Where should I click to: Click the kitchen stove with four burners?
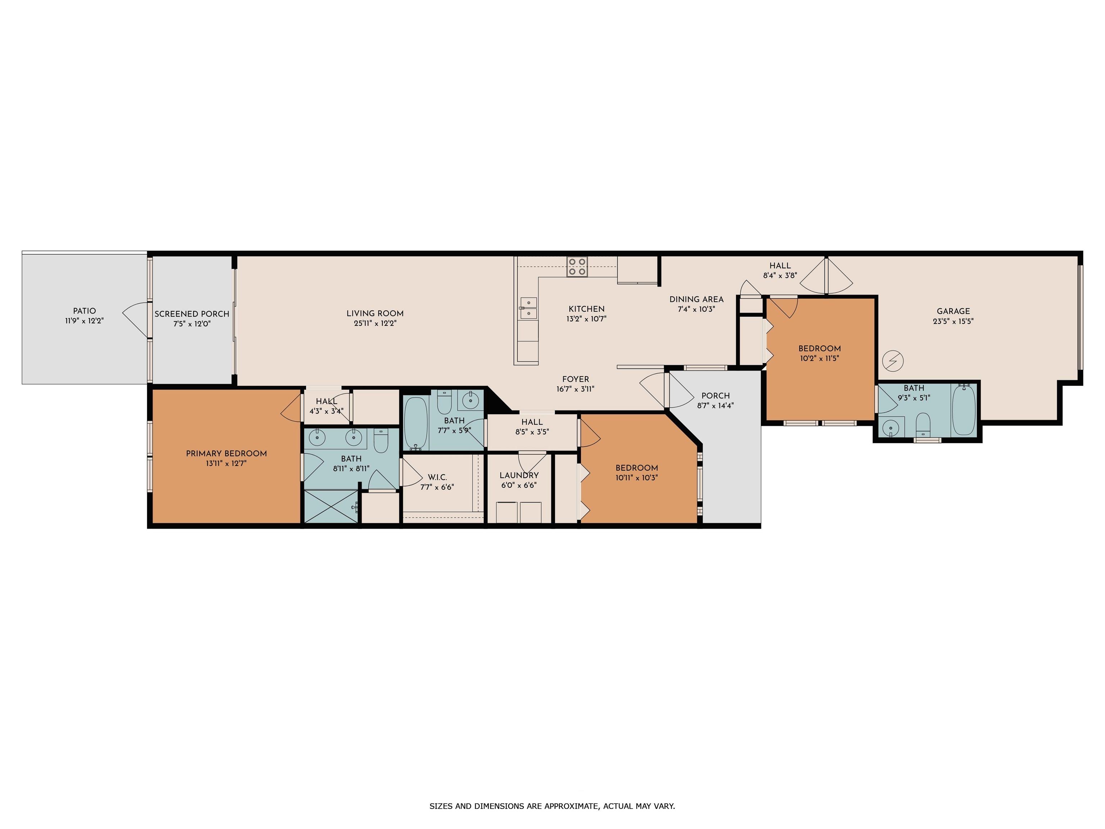point(577,267)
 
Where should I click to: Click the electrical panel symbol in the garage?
point(893,360)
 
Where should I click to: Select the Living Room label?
point(375,313)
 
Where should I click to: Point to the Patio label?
point(85,311)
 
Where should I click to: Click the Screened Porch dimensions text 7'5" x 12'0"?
point(192,324)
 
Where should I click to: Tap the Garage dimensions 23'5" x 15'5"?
point(953,321)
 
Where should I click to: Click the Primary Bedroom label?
point(226,453)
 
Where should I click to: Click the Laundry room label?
point(519,475)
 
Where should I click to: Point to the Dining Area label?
point(696,299)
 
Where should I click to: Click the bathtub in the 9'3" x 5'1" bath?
point(964,410)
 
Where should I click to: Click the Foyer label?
point(576,379)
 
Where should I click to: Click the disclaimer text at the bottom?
point(552,806)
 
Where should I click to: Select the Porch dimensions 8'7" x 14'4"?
point(715,406)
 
